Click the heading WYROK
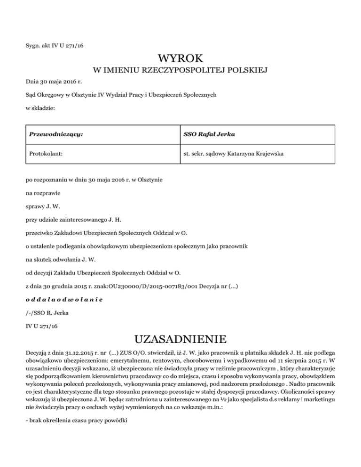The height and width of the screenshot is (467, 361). (x=180, y=59)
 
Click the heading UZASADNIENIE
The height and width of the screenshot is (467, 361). (x=180, y=339)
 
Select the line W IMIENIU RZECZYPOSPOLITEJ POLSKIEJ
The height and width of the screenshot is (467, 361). (x=180, y=71)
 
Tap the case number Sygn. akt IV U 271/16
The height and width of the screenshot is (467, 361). (x=55, y=46)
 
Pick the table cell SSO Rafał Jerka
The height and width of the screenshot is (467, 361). (x=209, y=134)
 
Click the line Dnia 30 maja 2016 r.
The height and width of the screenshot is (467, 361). (x=50, y=82)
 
